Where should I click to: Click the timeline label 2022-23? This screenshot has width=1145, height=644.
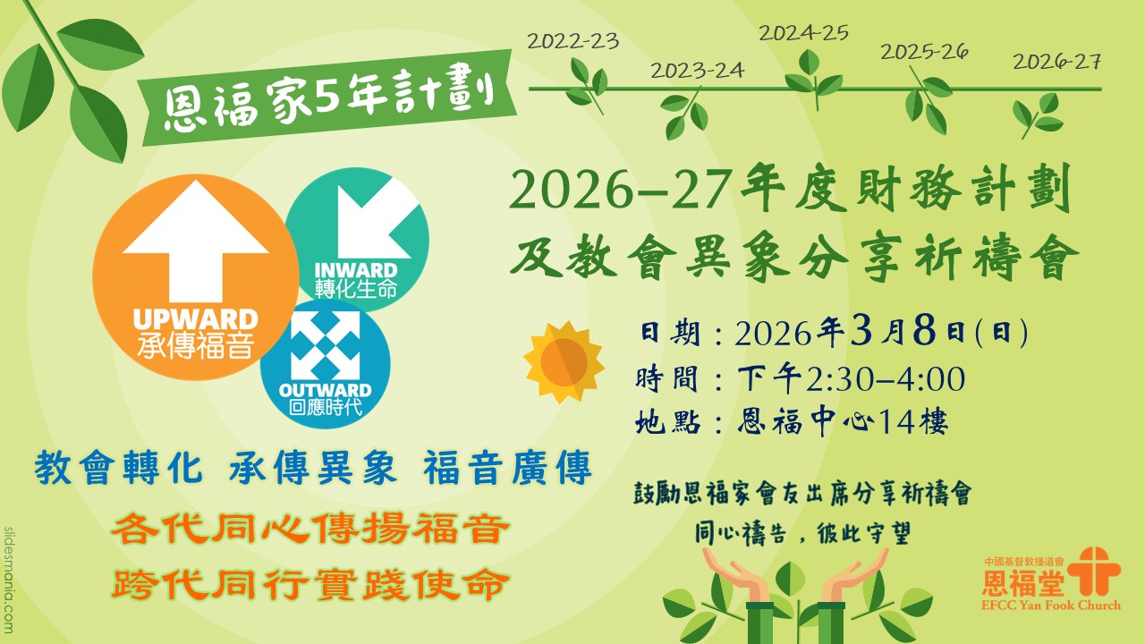(573, 41)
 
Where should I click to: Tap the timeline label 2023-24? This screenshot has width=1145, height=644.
(697, 71)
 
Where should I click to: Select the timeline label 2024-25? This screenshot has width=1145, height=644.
(803, 33)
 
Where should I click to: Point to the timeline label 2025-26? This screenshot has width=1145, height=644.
(924, 52)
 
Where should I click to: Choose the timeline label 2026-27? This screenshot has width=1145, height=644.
(1056, 62)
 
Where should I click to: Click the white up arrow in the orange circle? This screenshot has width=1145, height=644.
(196, 241)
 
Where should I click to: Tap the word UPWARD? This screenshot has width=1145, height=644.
(196, 320)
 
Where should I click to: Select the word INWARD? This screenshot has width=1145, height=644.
(356, 270)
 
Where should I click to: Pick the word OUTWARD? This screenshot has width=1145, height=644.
(325, 391)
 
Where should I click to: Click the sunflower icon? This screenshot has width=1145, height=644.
(564, 362)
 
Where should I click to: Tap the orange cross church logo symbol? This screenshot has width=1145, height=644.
(1094, 571)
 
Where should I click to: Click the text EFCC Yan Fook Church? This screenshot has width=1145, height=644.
(1050, 606)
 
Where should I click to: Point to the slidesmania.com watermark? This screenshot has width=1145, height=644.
(9, 580)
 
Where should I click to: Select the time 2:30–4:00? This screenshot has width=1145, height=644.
(886, 379)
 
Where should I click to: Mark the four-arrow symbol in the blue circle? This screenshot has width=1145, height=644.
(325, 346)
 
